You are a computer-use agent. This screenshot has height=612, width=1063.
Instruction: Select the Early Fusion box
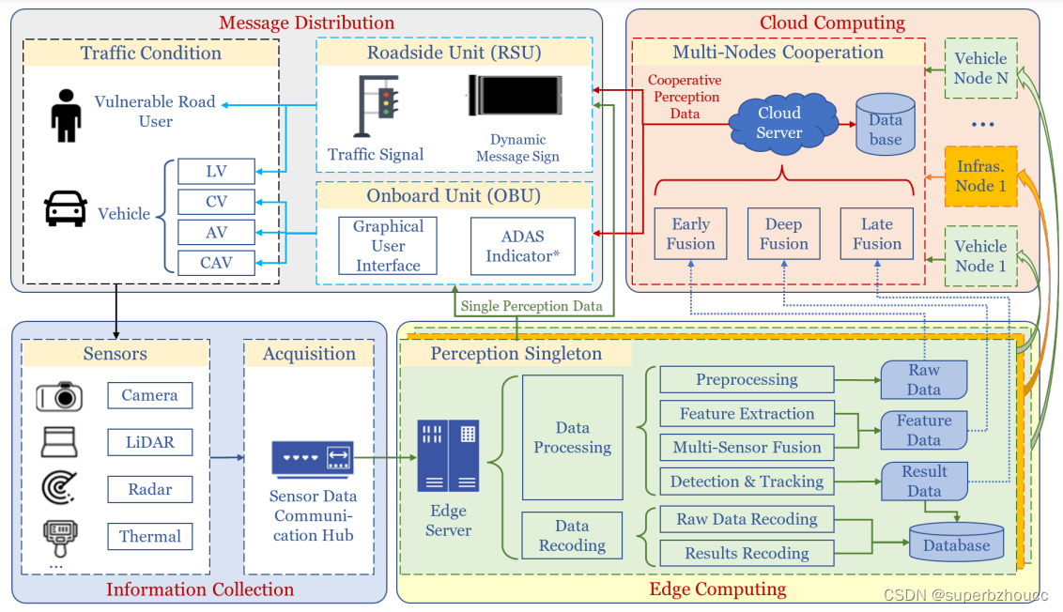point(690,234)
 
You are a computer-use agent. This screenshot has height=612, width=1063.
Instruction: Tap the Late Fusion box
point(876,234)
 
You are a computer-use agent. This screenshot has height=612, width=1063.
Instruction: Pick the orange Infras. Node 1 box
point(980,176)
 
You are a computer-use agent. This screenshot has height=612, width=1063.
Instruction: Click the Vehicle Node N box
point(980,69)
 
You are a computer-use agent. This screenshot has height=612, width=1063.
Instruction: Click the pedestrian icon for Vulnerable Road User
point(66,115)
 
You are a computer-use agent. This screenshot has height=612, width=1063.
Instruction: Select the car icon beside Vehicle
point(66,208)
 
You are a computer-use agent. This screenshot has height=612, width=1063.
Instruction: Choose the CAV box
point(216,263)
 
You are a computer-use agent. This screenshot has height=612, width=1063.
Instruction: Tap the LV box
point(216,172)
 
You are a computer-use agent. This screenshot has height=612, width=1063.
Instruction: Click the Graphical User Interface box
point(388,246)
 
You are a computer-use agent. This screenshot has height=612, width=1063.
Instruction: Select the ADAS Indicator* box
point(522,246)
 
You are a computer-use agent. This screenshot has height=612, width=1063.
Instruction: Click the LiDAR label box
point(149,442)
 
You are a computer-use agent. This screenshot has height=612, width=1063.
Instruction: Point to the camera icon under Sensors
point(59,396)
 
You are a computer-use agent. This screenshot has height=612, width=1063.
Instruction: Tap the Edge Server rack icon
point(449,455)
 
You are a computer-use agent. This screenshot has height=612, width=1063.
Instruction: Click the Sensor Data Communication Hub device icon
point(312,459)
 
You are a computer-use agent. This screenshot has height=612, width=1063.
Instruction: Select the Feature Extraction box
point(747,414)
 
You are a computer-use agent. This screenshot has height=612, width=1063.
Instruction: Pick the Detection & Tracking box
point(747,482)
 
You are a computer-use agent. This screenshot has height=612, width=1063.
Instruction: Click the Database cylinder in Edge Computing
point(956,543)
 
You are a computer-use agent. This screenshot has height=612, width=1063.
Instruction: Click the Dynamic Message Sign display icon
point(516,97)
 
